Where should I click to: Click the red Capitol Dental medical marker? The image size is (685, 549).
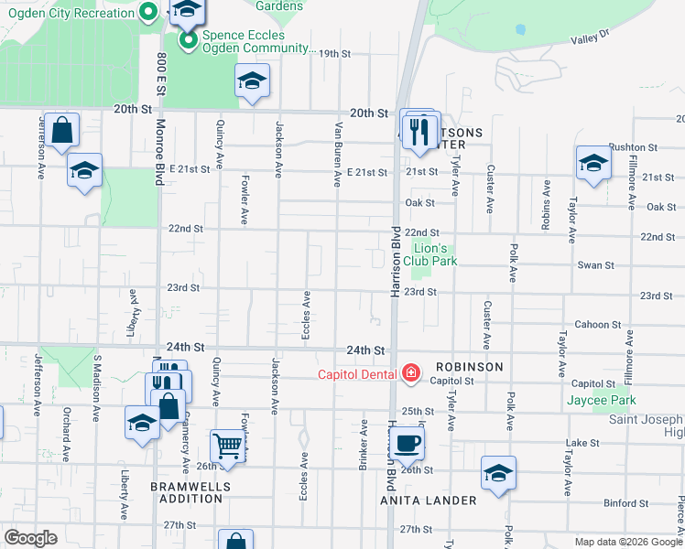click(x=411, y=373)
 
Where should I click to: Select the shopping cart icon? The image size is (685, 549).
click(x=228, y=447)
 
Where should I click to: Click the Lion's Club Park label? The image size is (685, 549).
click(x=435, y=254)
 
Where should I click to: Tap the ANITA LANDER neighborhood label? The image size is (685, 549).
click(x=429, y=501)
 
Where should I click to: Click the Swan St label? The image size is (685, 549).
click(x=595, y=265)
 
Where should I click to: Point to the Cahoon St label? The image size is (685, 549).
click(x=598, y=325)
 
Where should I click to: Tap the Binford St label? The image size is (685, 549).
click(x=625, y=503)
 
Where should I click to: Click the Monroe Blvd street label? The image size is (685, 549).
click(x=159, y=151)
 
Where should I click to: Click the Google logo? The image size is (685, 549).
click(x=31, y=537)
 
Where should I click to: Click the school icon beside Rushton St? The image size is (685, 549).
click(x=593, y=165)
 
